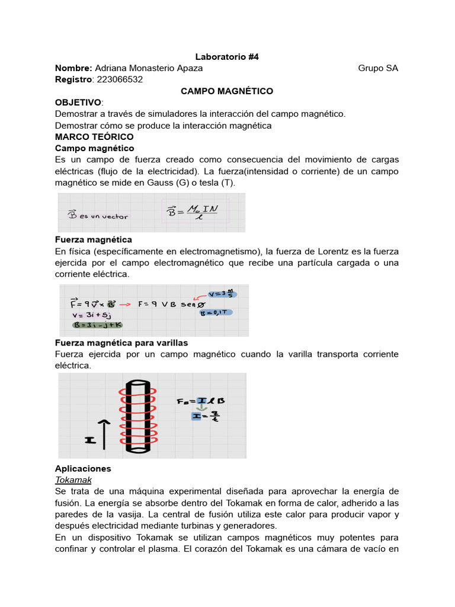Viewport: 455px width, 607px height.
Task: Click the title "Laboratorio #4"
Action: tap(227, 57)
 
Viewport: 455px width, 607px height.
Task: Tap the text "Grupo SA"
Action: tap(378, 68)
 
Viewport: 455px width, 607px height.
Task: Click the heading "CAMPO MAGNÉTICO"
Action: tap(227, 91)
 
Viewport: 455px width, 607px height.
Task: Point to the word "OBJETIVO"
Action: tap(78, 103)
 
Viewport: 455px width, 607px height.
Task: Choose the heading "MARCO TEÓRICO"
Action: tap(94, 136)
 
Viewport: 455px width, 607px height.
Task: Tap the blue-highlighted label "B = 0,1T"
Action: tap(217, 312)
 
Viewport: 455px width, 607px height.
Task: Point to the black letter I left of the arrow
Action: tap(89, 440)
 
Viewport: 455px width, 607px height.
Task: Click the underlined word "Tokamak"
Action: tap(73, 480)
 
